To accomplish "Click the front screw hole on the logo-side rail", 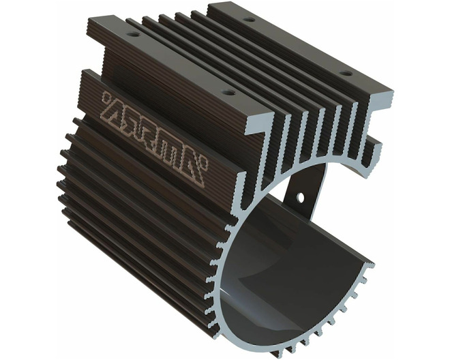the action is point(228,93).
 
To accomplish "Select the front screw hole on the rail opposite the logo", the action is point(346,73).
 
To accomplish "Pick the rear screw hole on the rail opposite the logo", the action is point(249,20).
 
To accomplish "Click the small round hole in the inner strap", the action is point(301,197).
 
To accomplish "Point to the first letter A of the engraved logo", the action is point(115,112).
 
